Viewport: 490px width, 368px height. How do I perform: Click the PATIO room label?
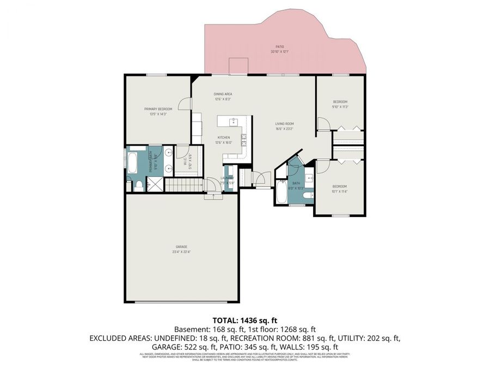point(280,47)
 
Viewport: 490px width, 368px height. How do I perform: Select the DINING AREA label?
point(223,94)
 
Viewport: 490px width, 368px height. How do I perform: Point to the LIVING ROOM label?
point(284,124)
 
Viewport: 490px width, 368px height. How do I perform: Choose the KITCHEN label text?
point(224,137)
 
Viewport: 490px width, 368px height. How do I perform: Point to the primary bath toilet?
point(139,186)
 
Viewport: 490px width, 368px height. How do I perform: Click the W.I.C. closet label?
point(185,162)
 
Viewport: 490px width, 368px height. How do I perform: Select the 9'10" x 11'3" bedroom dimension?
point(340,107)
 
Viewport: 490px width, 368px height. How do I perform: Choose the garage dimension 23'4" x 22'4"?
point(182,252)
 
